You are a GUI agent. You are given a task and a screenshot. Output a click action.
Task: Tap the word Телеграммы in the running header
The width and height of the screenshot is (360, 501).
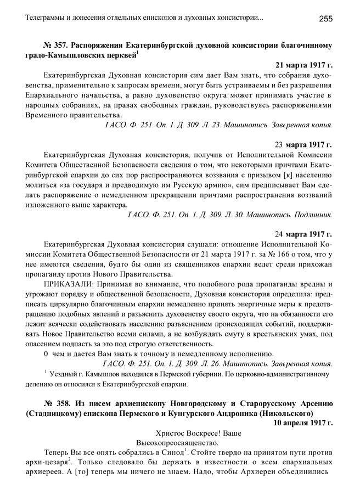pyautogui.click(x=46, y=19)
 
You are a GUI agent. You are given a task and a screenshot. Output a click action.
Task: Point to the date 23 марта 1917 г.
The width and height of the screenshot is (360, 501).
pyautogui.click(x=303, y=145)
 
